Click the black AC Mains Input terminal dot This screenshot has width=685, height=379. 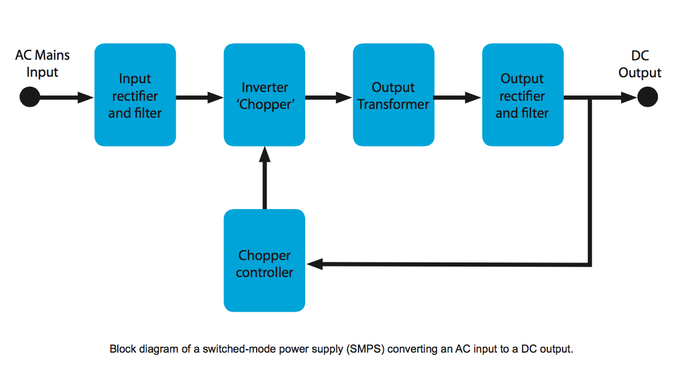29,97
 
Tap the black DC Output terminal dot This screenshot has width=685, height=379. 647,97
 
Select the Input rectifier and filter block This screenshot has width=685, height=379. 135,95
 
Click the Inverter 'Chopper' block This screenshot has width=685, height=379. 264,95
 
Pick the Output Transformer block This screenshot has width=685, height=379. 393,95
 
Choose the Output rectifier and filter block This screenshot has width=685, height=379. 523,95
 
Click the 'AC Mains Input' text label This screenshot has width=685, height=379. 42,63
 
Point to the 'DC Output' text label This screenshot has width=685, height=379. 639,64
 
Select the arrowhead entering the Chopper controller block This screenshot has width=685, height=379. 315,264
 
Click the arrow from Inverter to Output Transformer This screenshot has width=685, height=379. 329,97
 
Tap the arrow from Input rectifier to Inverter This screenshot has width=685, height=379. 200,97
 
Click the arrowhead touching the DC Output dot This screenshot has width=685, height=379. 629,97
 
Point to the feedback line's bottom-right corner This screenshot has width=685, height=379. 591,264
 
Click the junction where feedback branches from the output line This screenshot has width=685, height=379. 591,98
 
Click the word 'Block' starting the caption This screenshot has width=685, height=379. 121,349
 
